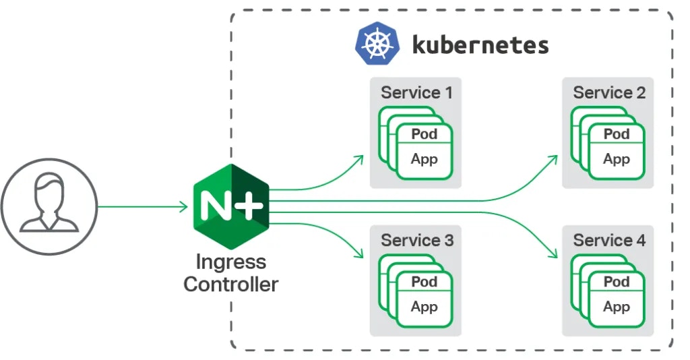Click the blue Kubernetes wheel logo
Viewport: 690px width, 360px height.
coord(377,44)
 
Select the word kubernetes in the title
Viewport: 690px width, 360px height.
coord(480,45)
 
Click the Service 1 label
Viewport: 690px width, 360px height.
coord(416,92)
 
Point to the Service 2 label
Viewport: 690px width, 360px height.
coord(608,92)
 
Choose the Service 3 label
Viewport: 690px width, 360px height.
coord(416,240)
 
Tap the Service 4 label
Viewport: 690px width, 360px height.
coord(608,240)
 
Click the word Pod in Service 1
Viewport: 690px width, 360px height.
coord(425,134)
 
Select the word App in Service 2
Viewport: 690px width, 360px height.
coord(616,160)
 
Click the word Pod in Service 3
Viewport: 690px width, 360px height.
coord(425,282)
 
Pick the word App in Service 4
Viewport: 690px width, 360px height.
coord(616,307)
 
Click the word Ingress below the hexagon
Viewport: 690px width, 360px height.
coord(230,262)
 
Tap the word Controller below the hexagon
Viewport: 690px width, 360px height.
coord(230,284)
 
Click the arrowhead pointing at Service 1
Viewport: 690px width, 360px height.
coord(360,159)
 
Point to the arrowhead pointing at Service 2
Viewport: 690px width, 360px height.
coord(553,159)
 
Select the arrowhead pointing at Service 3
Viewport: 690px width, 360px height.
coord(360,254)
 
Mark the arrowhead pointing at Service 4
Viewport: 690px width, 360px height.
coord(553,254)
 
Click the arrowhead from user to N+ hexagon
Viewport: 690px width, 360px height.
coord(184,206)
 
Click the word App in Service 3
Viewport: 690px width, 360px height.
coord(425,307)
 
